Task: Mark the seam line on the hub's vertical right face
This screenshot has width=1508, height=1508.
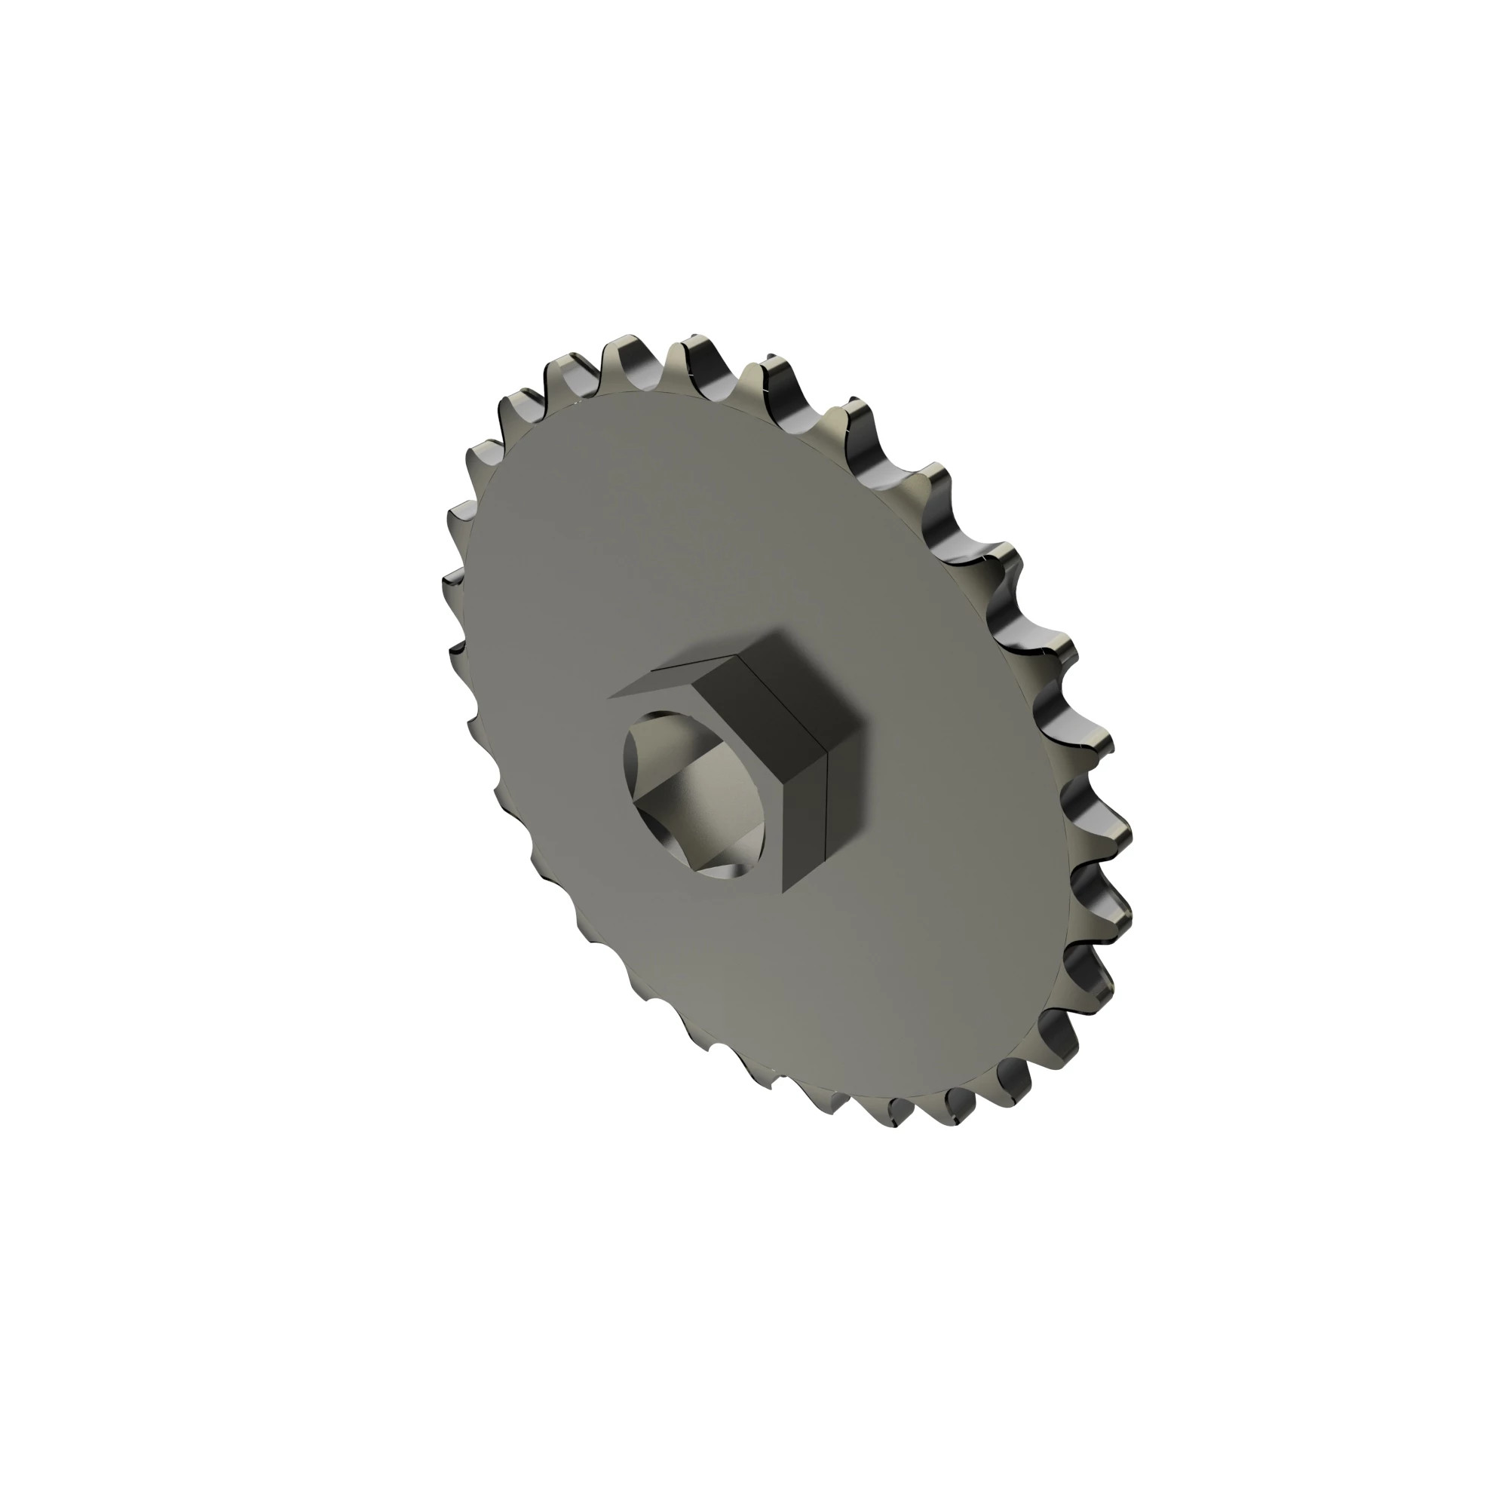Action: [826, 820]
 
